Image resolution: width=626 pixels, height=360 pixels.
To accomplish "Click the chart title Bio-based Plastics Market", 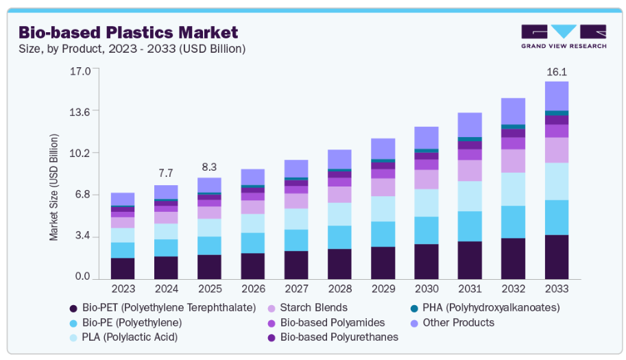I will (128, 32).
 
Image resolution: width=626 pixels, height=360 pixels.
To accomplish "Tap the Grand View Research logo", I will (564, 36).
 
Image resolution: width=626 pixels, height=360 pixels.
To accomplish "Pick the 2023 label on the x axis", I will (123, 289).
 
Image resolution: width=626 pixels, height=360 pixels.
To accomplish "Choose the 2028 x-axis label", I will (339, 289).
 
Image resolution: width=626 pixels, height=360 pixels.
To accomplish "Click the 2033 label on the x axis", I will (556, 289).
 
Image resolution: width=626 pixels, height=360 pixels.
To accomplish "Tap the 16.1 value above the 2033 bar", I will (556, 71).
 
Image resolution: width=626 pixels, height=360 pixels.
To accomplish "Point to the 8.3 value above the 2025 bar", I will (209, 167).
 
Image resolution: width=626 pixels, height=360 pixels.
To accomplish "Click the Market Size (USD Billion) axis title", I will (54, 187).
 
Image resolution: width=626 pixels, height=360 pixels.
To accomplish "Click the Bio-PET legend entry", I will (169, 307).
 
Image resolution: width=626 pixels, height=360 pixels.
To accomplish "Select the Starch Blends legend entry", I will (313, 307).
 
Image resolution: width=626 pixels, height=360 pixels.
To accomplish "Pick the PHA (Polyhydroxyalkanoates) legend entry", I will (491, 307).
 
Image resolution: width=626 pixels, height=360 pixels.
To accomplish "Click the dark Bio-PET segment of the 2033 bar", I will (556, 256).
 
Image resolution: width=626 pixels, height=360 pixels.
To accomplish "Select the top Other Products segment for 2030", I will (426, 137).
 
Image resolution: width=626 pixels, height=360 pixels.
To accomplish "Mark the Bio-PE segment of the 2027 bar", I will (296, 240).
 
